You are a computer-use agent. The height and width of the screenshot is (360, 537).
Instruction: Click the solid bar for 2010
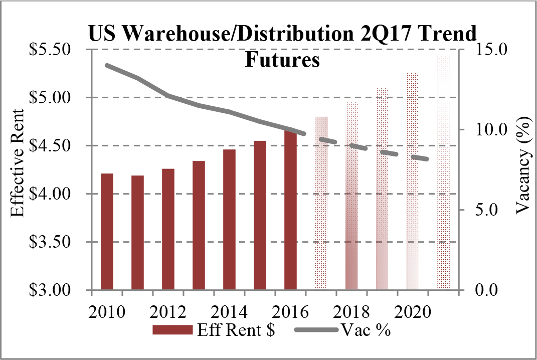pyautogui.click(x=107, y=232)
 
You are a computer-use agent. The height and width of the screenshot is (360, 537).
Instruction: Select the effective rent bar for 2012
pyautogui.click(x=168, y=229)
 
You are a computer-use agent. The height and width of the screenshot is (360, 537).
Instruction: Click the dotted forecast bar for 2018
pyautogui.click(x=351, y=196)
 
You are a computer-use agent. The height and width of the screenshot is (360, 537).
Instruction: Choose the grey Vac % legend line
pyautogui.click(x=314, y=330)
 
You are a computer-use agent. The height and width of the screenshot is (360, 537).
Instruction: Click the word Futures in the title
pyautogui.click(x=282, y=61)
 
